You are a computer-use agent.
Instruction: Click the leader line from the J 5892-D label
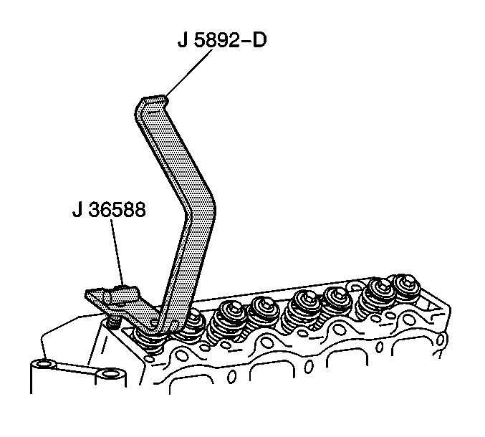pyautogui.click(x=189, y=72)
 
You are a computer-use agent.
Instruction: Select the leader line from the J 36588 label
pyautogui.click(x=117, y=252)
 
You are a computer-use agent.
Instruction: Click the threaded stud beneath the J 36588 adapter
pyautogui.click(x=113, y=324)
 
